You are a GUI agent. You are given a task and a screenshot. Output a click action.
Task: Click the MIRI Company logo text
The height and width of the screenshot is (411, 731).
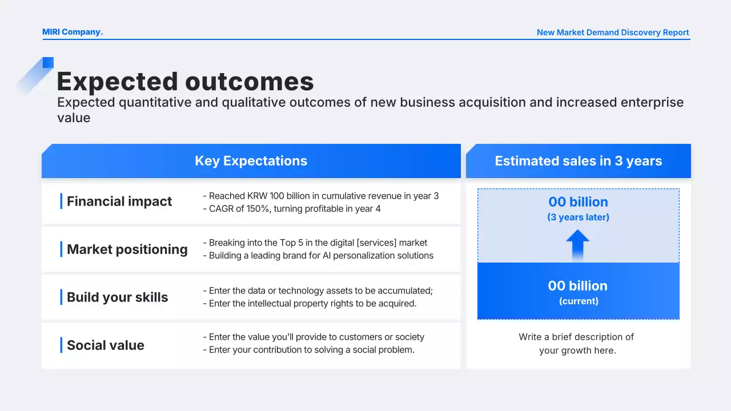73,32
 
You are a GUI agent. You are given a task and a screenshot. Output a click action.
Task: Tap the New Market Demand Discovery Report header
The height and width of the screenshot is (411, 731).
613,33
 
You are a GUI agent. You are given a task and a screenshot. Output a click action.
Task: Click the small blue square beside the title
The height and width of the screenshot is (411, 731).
48,63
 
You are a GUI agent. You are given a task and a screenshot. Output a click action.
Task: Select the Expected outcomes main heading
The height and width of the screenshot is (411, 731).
186,81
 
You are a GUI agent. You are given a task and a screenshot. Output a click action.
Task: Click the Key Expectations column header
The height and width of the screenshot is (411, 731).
251,161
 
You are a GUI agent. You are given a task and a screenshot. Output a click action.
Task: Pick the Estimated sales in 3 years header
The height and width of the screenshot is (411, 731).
579,161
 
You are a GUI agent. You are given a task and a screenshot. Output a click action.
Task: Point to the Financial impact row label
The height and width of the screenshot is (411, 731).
119,202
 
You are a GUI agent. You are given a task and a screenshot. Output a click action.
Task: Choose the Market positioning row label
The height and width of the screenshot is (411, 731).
127,249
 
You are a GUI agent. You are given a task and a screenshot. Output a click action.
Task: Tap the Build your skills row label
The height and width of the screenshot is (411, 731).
118,297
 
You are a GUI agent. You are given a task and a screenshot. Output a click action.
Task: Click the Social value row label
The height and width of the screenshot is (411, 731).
106,345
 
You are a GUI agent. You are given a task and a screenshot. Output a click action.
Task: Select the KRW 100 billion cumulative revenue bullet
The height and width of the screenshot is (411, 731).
321,196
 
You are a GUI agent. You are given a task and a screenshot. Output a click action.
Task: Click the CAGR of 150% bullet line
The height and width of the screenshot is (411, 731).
292,208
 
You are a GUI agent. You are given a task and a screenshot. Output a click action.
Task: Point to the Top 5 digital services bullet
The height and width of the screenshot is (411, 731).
315,243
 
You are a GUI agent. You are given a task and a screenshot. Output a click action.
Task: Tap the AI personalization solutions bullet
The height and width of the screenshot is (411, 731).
318,255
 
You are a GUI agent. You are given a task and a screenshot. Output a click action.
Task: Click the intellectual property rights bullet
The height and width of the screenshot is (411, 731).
310,303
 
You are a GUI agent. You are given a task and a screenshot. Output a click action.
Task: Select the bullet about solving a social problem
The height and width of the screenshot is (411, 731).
309,350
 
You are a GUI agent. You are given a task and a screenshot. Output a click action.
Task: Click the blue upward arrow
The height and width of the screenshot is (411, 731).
577,245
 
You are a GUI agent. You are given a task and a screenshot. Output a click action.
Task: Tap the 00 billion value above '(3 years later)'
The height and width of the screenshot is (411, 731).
579,202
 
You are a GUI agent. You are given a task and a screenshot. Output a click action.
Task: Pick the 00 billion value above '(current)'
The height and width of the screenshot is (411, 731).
578,286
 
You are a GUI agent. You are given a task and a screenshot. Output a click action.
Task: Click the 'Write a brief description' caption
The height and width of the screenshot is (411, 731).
577,344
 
